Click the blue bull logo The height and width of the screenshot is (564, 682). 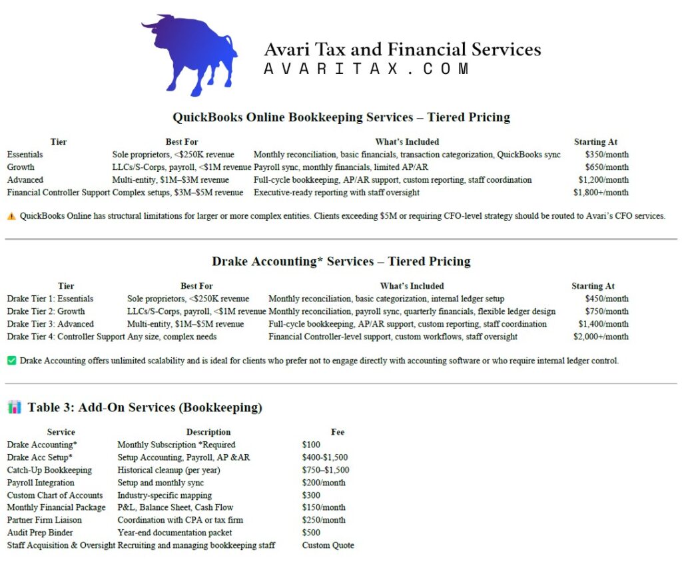click(x=180, y=53)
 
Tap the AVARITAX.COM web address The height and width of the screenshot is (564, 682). click(x=367, y=69)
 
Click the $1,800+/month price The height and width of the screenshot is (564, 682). click(x=601, y=193)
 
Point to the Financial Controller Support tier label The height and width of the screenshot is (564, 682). click(x=58, y=193)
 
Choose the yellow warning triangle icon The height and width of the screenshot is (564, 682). click(x=11, y=216)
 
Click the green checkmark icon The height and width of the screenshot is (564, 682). click(x=11, y=361)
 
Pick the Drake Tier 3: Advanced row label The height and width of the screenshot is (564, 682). click(x=51, y=324)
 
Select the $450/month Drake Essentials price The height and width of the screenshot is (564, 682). click(x=607, y=299)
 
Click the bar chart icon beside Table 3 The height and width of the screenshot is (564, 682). click(x=14, y=407)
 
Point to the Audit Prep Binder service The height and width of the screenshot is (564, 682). click(x=40, y=533)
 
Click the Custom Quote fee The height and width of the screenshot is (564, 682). click(x=328, y=545)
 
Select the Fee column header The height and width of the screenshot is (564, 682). click(x=338, y=432)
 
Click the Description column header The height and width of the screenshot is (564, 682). click(x=208, y=432)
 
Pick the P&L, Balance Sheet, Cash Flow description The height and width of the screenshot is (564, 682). click(x=175, y=507)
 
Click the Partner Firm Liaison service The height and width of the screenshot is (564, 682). click(x=45, y=520)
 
